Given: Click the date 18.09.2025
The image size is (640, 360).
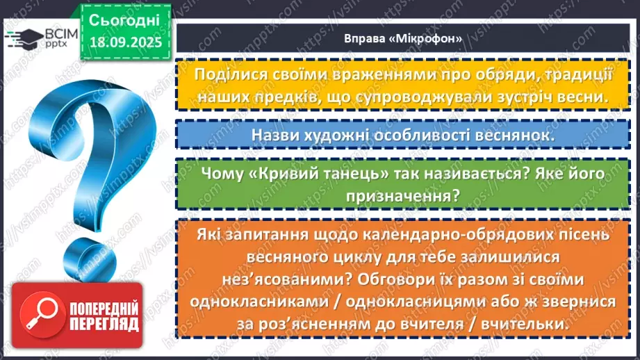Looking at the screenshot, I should [125, 41].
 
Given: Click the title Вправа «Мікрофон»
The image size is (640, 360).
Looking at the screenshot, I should [403, 38].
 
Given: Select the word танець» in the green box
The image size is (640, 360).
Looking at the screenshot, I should [364, 173].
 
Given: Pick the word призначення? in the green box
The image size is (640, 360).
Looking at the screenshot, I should [404, 196].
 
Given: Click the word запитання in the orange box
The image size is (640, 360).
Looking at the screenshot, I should [266, 235].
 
